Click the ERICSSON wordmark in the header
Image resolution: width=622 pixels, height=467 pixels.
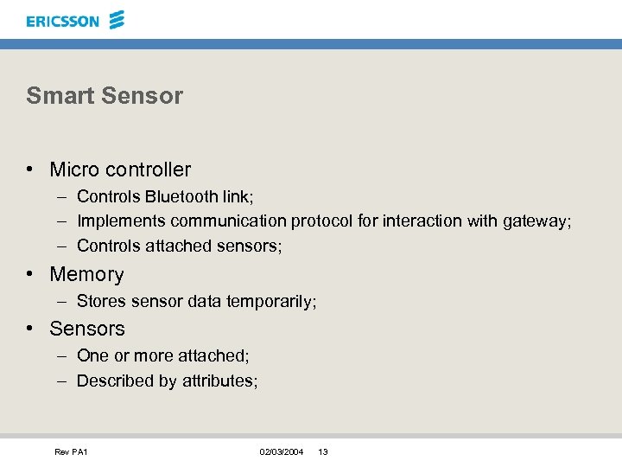point(62,21)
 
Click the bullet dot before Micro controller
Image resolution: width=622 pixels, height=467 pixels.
point(29,170)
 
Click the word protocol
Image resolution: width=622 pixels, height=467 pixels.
point(321,221)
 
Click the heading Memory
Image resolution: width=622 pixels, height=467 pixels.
point(86,275)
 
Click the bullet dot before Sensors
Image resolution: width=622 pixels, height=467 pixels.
point(29,329)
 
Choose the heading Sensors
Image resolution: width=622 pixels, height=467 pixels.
point(87,329)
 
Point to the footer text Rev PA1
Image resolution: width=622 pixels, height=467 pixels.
point(71,452)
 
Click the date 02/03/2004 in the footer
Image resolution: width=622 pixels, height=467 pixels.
point(282,452)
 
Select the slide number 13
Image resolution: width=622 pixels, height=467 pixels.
point(323,452)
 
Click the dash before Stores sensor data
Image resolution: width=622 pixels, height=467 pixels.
point(63,302)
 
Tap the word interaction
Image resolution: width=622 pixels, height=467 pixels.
point(422,221)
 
